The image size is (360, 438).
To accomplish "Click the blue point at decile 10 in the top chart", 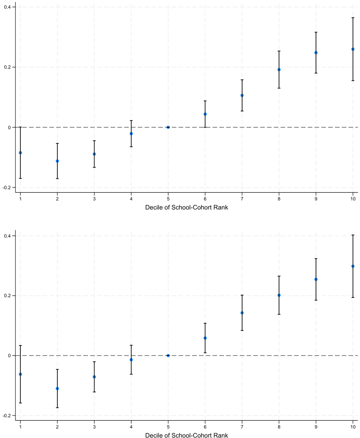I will pos(353,49).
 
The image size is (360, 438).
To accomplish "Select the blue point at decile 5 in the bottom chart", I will pos(168,355).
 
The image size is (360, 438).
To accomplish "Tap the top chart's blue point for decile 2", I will pos(57,161).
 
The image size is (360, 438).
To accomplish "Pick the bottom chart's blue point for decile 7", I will pos(242,313).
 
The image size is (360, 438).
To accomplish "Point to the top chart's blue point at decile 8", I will pos(279,70).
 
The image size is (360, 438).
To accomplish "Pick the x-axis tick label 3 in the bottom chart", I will pos(94,426).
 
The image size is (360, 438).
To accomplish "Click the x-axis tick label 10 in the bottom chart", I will pos(353,426).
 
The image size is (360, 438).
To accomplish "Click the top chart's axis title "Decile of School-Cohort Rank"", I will pos(186,207).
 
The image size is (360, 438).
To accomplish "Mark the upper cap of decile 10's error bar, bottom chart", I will pos(353,235).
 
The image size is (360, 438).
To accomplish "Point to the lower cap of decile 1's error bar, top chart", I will pos(20,178).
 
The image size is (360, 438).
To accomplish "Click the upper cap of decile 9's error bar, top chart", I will pos(316,32).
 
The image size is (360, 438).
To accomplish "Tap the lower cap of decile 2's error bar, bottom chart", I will pos(57,408).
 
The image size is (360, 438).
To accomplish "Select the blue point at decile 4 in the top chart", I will pos(131,133).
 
